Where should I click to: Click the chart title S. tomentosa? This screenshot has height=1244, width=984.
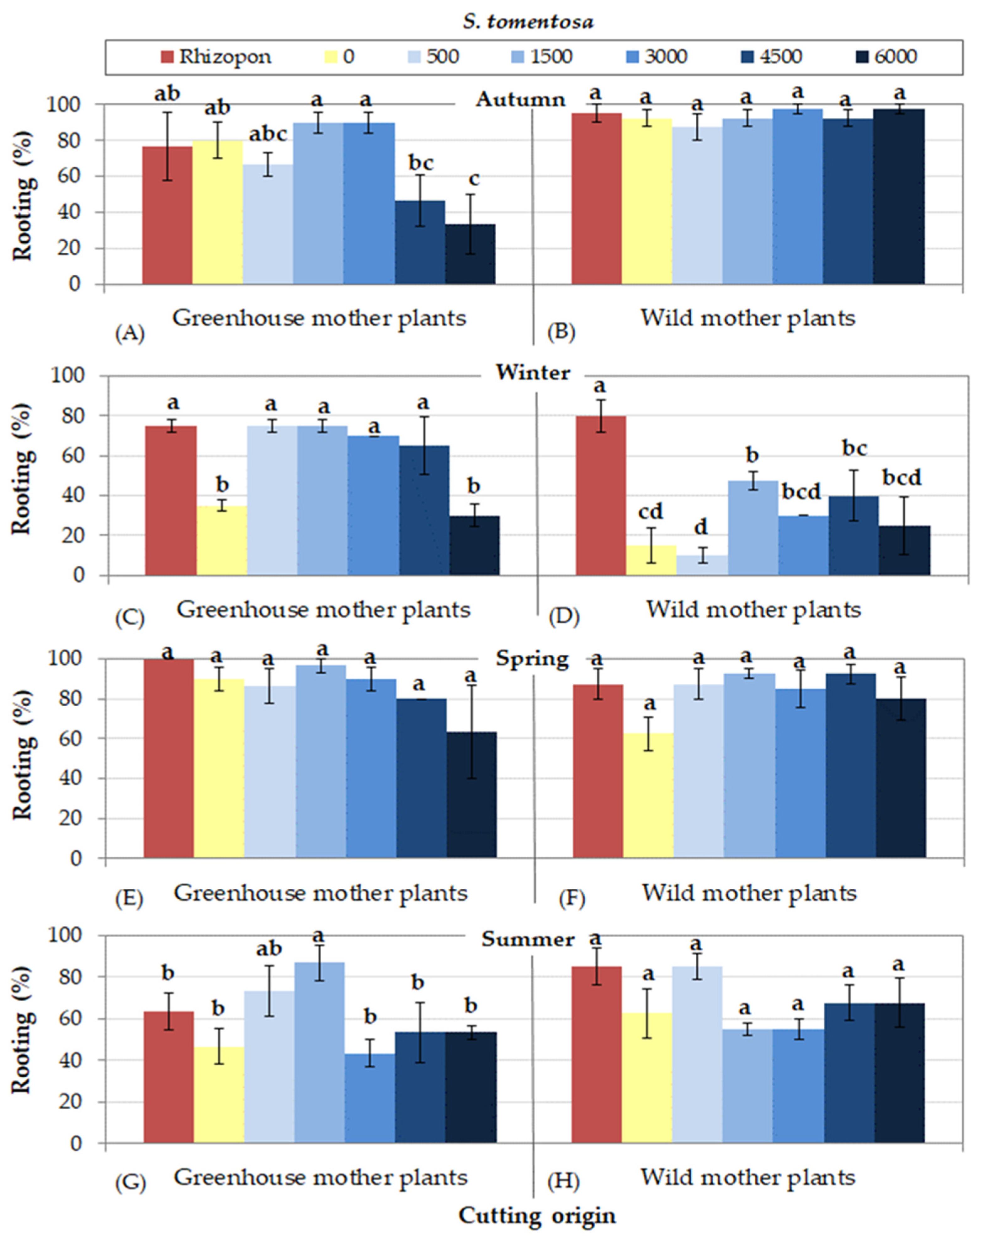click(x=528, y=22)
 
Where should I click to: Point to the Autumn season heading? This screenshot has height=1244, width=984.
click(x=520, y=100)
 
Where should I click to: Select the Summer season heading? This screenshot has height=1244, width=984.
click(x=528, y=939)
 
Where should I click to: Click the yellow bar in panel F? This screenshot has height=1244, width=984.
click(x=648, y=795)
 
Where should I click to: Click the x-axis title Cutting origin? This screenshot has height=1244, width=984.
click(x=537, y=1216)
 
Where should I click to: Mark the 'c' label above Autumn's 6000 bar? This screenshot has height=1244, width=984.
click(x=474, y=179)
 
